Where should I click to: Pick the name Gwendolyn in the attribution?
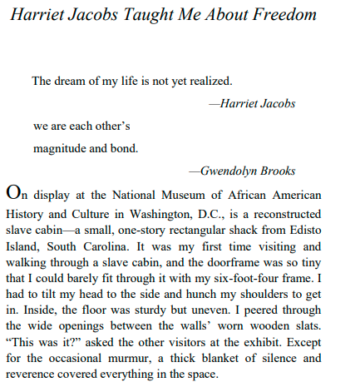click(x=229, y=171)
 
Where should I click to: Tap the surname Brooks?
click(x=277, y=171)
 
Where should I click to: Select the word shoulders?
click(x=254, y=298)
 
